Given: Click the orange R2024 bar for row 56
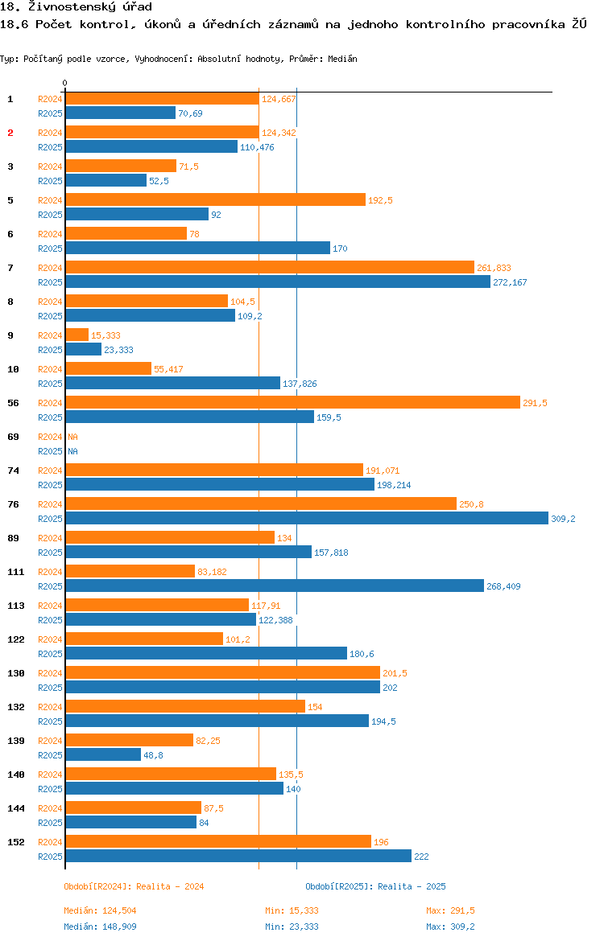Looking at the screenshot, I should click(292, 402).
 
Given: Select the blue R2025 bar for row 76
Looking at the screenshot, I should click(306, 518).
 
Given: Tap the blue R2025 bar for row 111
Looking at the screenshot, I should click(274, 586).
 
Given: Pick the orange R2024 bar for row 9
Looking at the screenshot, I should click(77, 335).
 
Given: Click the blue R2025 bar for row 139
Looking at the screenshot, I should click(103, 754).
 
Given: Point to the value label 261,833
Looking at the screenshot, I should click(494, 268).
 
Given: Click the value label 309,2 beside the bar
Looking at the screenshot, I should click(563, 519).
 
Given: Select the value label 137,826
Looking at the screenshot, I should click(300, 384).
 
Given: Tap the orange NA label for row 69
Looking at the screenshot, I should click(72, 437).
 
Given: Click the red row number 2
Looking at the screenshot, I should click(10, 133).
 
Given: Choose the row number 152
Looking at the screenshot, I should click(15, 842).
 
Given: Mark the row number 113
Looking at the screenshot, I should click(15, 606).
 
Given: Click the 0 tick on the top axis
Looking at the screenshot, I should click(65, 84).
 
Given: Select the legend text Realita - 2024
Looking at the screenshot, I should click(170, 886).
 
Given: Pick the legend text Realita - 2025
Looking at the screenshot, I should click(412, 886).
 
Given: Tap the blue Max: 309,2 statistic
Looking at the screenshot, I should click(450, 927).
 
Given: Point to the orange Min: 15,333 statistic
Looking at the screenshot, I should click(292, 910).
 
